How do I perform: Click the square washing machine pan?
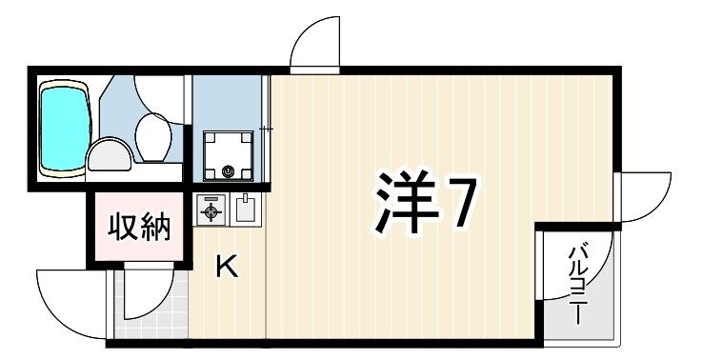228,152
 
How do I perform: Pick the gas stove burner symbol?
210,210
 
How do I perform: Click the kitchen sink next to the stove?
245,209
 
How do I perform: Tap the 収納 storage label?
138,229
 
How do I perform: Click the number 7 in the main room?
459,203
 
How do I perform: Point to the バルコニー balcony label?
576,283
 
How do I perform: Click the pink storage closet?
138,230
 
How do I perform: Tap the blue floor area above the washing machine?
228,100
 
